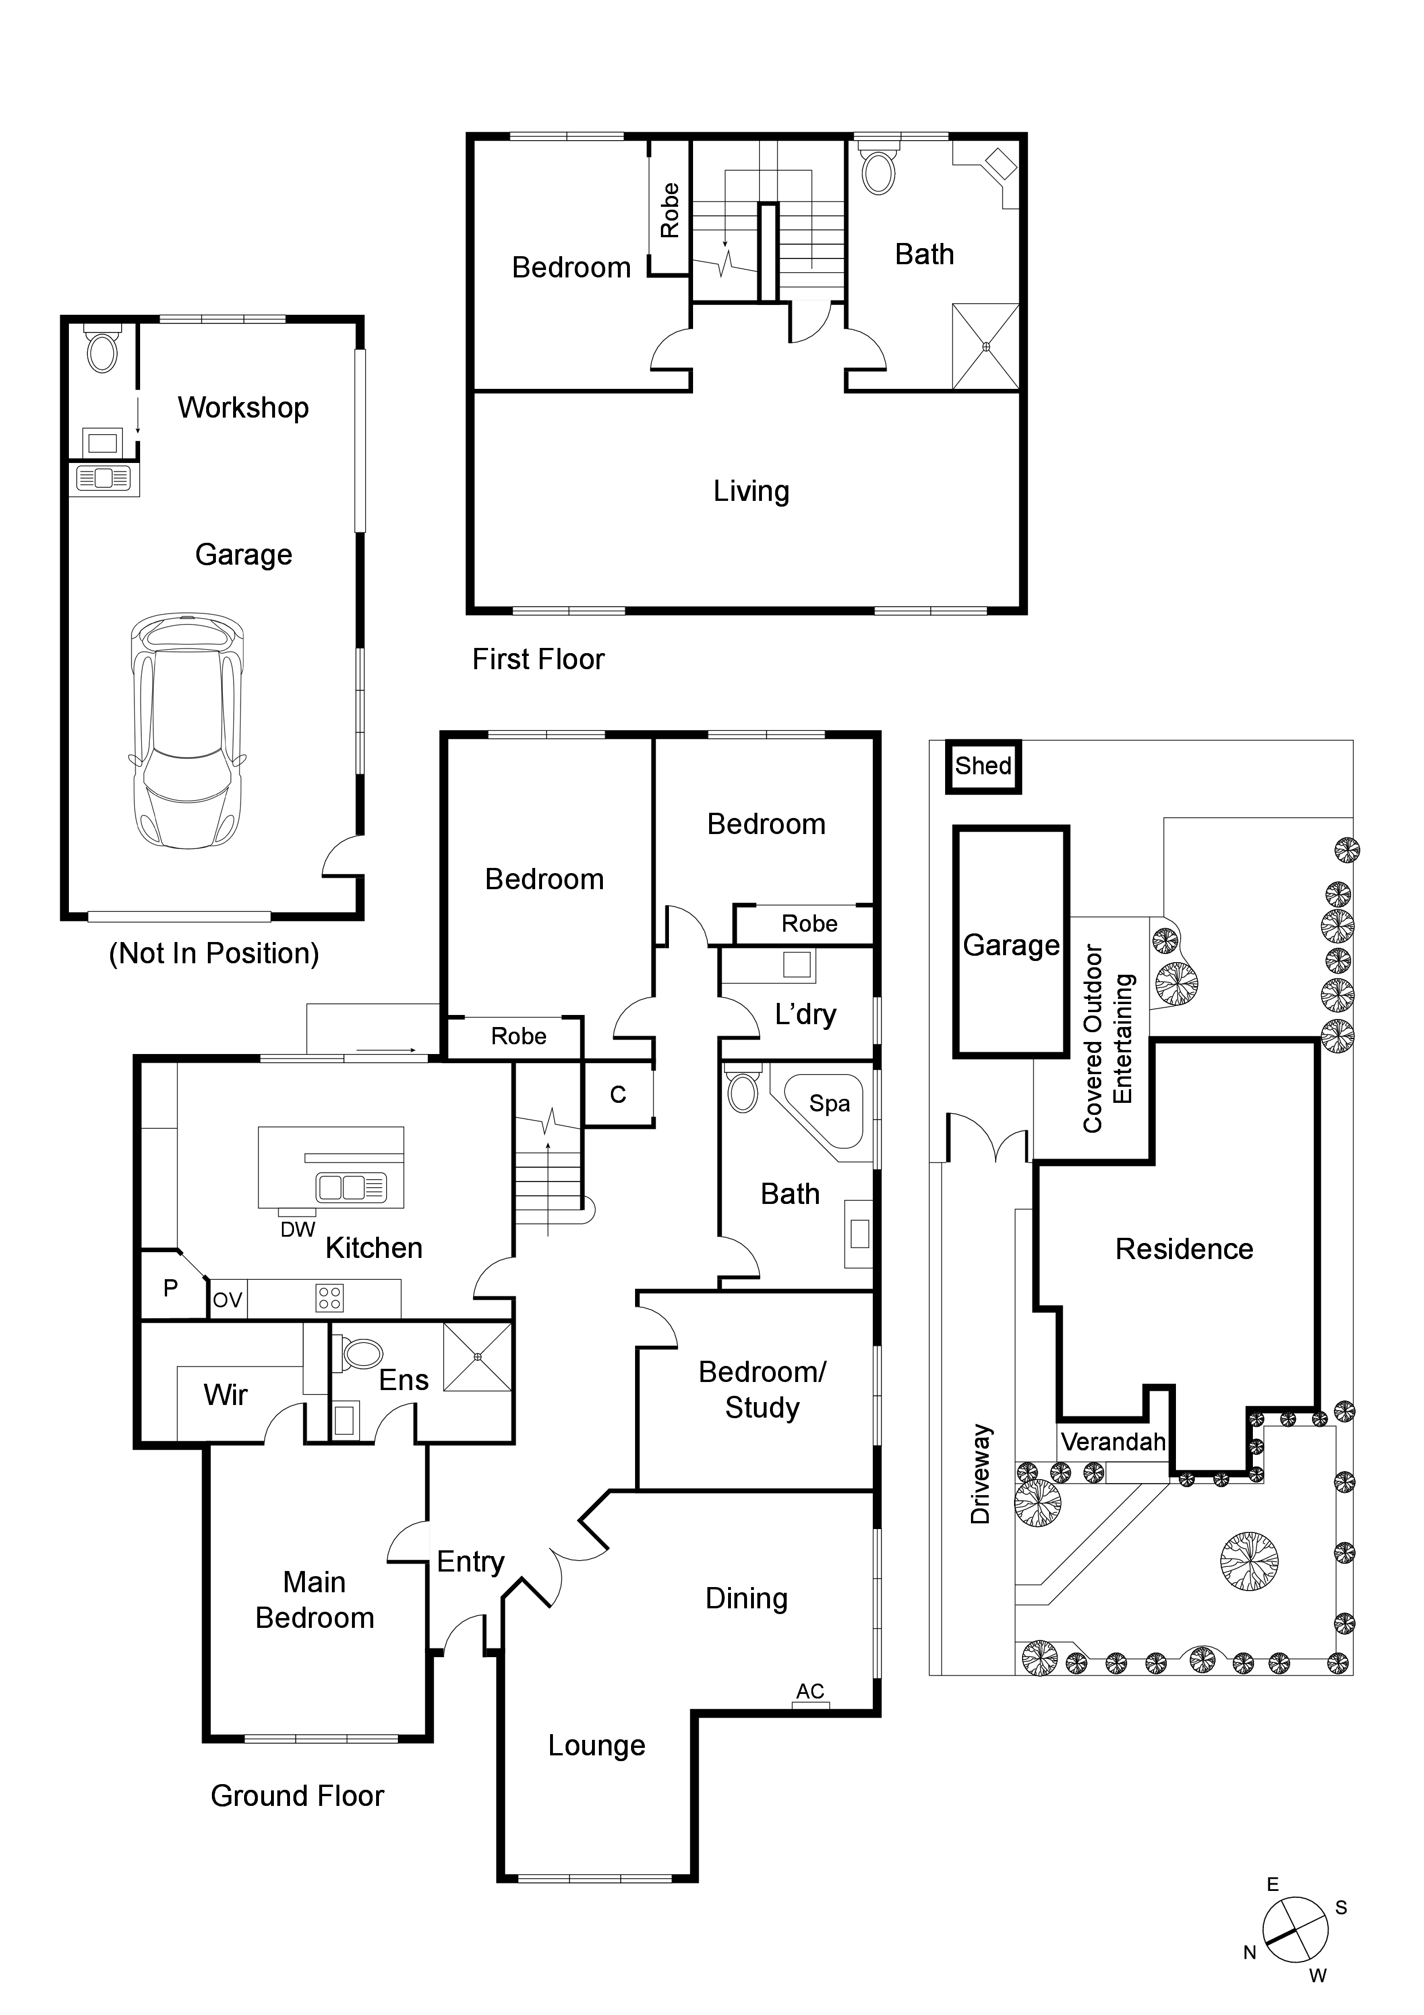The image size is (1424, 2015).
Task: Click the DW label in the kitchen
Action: [x=297, y=1230]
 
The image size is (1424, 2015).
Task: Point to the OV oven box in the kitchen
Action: [x=227, y=1300]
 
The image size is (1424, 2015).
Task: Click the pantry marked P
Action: [x=171, y=1288]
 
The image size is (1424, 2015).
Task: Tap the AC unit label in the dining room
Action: [x=810, y=1691]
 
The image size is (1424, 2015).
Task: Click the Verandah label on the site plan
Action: [x=1113, y=1442]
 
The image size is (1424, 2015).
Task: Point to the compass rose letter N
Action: [x=1250, y=1953]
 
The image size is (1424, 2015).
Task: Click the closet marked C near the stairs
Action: [x=618, y=1094]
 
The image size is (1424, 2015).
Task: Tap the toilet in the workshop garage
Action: [x=103, y=350]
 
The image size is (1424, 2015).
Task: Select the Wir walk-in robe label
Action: [x=226, y=1395]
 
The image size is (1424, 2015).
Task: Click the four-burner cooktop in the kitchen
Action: [x=330, y=1298]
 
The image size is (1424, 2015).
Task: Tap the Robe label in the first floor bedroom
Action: [x=670, y=211]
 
